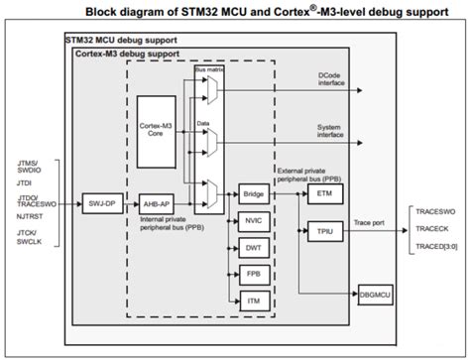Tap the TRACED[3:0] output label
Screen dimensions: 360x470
[x=437, y=247]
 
